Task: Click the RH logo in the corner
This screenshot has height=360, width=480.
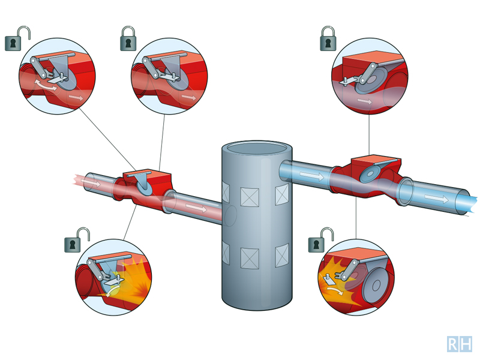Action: tap(459, 344)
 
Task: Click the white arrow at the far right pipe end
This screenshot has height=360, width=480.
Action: tap(436, 197)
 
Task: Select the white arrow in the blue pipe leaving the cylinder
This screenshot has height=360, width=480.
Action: tap(312, 175)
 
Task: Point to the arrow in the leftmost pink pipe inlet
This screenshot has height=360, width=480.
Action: tap(92, 182)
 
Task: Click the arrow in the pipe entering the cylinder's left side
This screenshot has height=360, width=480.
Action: tap(196, 208)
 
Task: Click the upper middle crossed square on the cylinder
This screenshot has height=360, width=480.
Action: tap(250, 197)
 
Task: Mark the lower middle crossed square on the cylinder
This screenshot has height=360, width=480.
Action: tap(250, 258)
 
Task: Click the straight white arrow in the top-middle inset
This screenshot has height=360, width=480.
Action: tap(188, 97)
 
